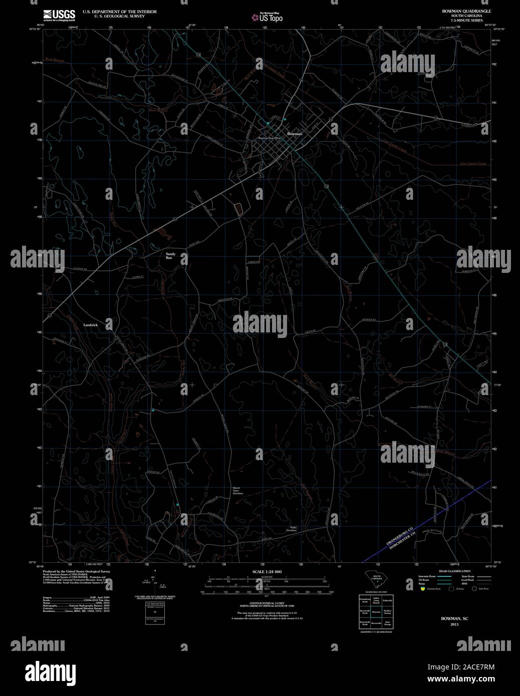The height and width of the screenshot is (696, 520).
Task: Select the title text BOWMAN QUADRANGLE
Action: [x=459, y=11]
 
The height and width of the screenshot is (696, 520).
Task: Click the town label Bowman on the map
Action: [x=295, y=134]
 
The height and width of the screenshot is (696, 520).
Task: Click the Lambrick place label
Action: [x=91, y=325]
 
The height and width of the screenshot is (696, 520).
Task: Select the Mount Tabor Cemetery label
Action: [x=237, y=491]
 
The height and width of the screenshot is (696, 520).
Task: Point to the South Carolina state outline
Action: [x=375, y=579]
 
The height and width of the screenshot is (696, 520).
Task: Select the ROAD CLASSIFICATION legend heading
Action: [x=454, y=571]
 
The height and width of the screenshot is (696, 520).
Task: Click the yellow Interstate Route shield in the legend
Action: [x=423, y=589]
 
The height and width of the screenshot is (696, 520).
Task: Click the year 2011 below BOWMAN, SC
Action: [x=454, y=624]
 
